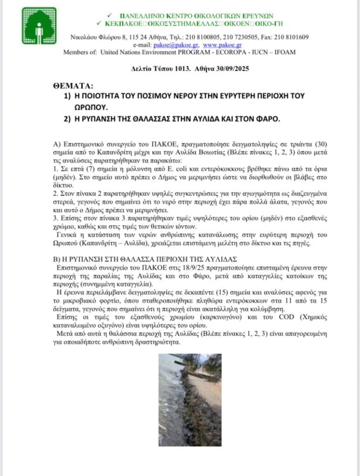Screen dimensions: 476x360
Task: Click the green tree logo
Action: [39, 26]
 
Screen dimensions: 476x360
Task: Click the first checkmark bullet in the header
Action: [110, 15]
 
